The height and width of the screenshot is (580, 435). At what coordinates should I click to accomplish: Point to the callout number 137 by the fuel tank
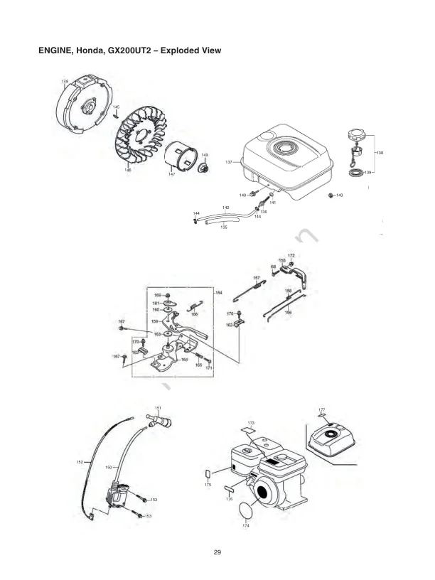[230, 163]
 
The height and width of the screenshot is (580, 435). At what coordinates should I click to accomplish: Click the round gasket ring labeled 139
[354, 173]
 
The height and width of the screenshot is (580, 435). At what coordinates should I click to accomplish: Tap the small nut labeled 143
[331, 195]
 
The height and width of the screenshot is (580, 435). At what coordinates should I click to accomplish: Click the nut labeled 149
[202, 168]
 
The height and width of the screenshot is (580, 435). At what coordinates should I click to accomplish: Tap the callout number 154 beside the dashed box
[219, 292]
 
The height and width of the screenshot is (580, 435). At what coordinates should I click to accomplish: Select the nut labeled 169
[168, 295]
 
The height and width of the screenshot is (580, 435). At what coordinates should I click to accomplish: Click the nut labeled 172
[291, 262]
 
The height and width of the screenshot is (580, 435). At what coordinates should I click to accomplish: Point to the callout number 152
[80, 463]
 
